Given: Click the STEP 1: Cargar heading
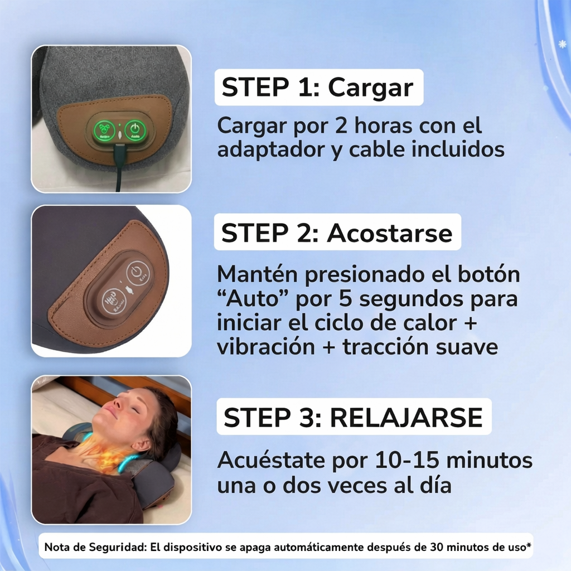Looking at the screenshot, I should (318, 88).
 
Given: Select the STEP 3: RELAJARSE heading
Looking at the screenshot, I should (353, 417).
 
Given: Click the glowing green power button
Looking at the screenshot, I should (134, 129).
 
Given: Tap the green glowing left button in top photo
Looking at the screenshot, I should (102, 130).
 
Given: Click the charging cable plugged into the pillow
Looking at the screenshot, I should (118, 167).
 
